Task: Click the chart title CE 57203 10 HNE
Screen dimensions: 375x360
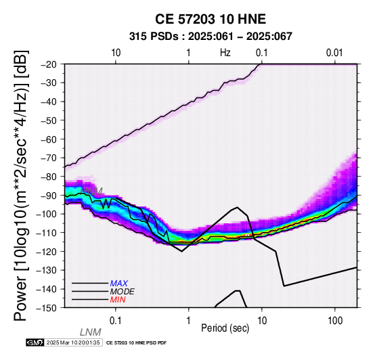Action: (x=211, y=19)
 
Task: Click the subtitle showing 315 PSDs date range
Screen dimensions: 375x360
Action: (x=211, y=37)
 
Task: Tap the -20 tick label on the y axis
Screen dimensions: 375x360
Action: (x=49, y=64)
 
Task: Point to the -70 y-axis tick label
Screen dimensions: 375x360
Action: (x=49, y=158)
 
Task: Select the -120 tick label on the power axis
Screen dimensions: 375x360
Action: (x=47, y=252)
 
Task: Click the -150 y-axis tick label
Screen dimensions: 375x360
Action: (x=47, y=308)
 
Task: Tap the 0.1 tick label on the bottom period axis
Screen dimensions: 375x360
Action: (x=116, y=321)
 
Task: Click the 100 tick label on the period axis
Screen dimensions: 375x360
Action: (x=335, y=321)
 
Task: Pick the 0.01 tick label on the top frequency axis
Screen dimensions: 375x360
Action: (x=334, y=53)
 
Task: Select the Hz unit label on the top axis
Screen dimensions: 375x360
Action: (x=225, y=53)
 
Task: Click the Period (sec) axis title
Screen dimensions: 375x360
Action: (x=225, y=328)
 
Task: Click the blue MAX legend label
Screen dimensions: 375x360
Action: (x=119, y=284)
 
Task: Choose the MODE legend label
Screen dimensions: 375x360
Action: (x=123, y=292)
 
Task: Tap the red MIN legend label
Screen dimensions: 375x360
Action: (x=118, y=300)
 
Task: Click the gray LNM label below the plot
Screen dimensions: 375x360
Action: (x=91, y=332)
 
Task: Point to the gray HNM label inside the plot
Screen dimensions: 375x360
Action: (x=91, y=192)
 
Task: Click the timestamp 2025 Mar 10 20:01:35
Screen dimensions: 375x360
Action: (x=73, y=342)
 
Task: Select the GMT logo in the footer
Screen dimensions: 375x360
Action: (x=35, y=342)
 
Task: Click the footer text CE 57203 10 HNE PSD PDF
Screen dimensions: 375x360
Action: (x=136, y=343)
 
